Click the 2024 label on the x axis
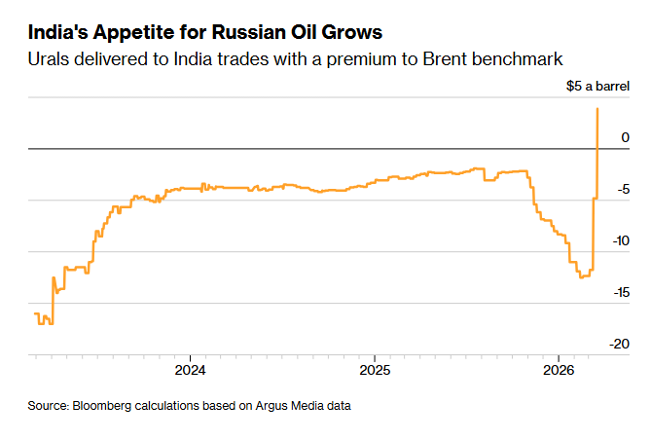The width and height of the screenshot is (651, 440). coord(190,371)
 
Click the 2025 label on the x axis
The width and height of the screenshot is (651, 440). coord(375,371)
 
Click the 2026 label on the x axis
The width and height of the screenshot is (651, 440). coord(559,371)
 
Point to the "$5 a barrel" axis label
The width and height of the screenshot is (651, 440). coord(598,87)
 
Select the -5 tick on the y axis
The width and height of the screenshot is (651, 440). coord(624,190)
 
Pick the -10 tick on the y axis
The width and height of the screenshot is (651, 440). coord(621,241)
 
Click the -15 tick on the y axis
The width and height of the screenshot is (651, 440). coord(621,293)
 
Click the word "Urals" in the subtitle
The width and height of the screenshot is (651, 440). coord(50,59)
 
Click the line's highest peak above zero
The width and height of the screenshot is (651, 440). coord(597,108)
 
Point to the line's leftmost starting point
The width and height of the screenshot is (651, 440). coord(34,313)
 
